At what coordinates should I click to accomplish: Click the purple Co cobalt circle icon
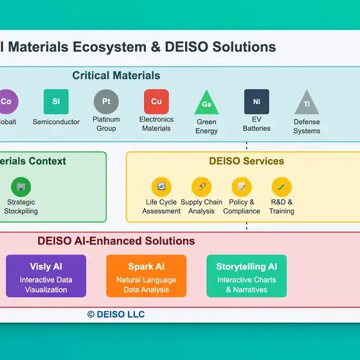tap(6, 102)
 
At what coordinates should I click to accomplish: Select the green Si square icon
tap(56, 102)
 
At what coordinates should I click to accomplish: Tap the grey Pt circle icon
tap(106, 102)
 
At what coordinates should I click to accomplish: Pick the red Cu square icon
tap(156, 102)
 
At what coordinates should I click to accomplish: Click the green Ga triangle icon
tap(206, 103)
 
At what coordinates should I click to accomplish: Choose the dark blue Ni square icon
tap(256, 102)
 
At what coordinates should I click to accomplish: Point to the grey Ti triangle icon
tap(307, 104)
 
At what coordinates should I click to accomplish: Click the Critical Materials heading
tap(116, 76)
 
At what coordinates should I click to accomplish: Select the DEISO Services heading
tap(246, 161)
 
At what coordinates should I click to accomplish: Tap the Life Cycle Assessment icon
tap(161, 187)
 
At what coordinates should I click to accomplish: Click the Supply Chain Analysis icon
tap(201, 187)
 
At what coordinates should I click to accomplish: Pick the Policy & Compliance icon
tap(242, 187)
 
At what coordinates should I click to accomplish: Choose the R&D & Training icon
tap(282, 187)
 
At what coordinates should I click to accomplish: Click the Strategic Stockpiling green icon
tap(21, 187)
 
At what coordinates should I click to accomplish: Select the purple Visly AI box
tap(46, 276)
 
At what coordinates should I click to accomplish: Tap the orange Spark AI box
tap(146, 276)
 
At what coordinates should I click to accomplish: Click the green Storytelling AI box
tap(246, 276)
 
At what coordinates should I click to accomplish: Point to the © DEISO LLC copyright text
tap(116, 314)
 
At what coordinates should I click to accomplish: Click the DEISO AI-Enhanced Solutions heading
tap(116, 242)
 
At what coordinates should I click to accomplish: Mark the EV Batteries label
tap(256, 123)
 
